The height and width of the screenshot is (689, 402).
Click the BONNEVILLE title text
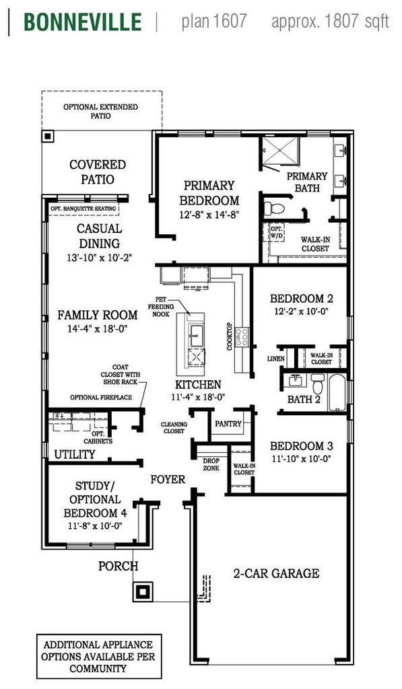[83, 22]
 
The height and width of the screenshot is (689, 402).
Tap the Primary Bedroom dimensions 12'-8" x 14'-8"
[209, 215]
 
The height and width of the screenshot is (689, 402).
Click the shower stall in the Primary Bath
[281, 152]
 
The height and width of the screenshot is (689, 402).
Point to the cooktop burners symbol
[242, 336]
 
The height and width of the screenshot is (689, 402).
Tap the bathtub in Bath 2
[338, 392]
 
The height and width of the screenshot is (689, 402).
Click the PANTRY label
[228, 424]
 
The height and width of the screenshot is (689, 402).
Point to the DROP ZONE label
[211, 464]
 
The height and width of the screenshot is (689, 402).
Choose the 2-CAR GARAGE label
[276, 573]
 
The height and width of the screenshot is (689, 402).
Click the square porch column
[143, 591]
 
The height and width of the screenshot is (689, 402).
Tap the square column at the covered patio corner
[48, 136]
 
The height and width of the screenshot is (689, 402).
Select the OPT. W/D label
[276, 232]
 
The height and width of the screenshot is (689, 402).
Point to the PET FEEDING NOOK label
[160, 307]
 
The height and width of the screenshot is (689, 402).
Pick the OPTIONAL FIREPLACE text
[101, 398]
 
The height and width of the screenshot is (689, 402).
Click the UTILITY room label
[74, 454]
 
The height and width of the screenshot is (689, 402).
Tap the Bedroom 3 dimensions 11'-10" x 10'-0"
[300, 459]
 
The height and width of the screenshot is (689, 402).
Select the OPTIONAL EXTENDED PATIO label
[100, 111]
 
